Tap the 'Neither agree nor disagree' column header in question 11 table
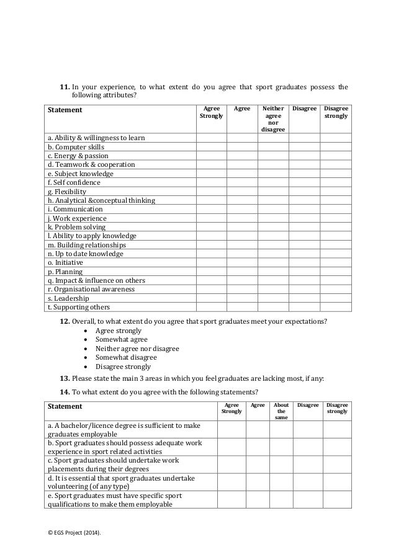point(272,118)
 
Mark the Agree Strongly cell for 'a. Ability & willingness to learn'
point(211,138)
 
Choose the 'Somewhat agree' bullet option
point(121,340)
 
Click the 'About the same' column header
point(281,411)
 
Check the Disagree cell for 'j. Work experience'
point(304,218)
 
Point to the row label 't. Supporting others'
point(78,307)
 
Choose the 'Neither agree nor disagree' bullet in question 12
point(137,349)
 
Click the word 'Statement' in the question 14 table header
point(65,406)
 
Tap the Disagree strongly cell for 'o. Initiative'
point(336,262)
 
